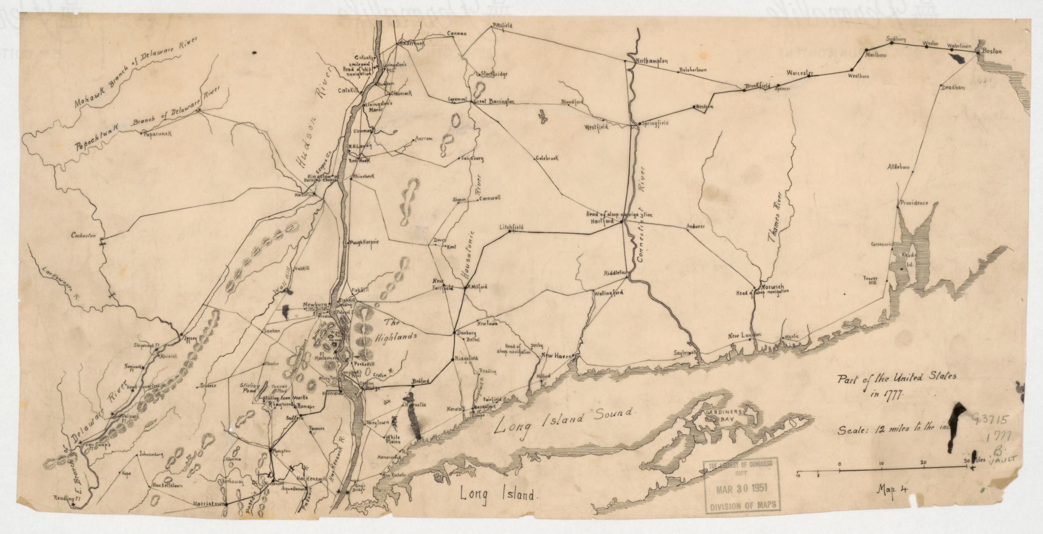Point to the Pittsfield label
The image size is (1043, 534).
coord(502,25)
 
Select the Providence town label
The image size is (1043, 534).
coord(914,203)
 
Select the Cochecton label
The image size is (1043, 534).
coord(83,235)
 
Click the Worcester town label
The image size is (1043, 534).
coord(800,73)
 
